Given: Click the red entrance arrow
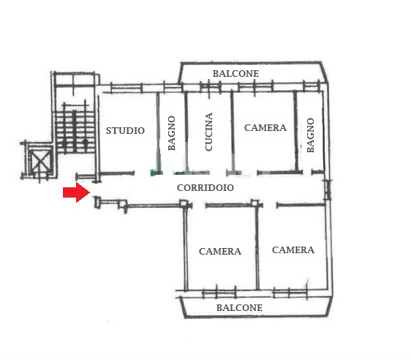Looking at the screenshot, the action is click(76, 192).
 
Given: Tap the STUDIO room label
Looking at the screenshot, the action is click(125, 130).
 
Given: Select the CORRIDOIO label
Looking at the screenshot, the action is click(205, 188).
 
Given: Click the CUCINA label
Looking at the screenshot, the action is click(208, 132).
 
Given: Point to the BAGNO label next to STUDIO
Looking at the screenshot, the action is click(171, 133).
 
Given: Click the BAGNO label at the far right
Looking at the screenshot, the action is click(310, 135).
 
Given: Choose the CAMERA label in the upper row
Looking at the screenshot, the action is click(265, 128).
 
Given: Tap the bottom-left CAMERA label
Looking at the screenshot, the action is click(220, 251).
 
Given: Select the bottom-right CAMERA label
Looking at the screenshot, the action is click(293, 250).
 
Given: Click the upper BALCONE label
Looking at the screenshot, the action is click(235, 74).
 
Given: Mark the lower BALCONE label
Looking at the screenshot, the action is click(239, 307).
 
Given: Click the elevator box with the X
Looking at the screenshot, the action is click(40, 162).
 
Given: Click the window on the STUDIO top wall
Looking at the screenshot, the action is click(127, 88).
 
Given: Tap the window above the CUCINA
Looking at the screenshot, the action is click(211, 87).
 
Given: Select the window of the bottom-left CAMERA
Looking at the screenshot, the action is click(219, 293).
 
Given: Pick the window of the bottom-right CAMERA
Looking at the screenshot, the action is click(290, 293).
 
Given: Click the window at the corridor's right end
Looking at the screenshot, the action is click(328, 190).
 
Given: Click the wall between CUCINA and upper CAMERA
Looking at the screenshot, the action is click(233, 131).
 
